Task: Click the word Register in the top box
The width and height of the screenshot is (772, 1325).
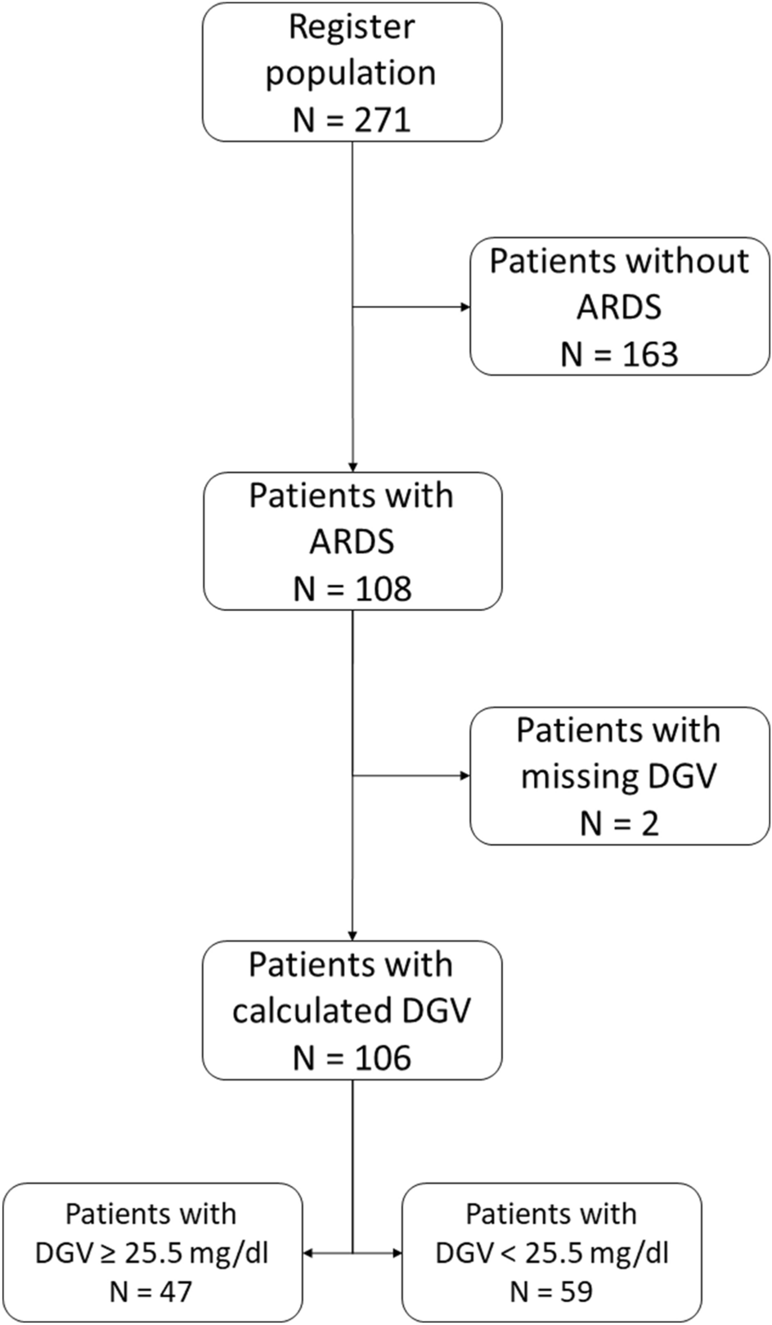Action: (x=352, y=27)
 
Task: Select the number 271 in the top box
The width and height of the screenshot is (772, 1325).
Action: (x=382, y=120)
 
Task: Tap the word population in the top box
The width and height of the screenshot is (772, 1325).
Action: (x=351, y=73)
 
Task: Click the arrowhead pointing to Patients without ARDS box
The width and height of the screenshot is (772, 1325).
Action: (x=466, y=308)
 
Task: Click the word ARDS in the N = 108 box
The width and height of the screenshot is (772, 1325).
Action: (x=352, y=542)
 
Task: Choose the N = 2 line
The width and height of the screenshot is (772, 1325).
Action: (x=619, y=823)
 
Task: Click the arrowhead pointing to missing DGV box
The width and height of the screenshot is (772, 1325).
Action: (x=466, y=775)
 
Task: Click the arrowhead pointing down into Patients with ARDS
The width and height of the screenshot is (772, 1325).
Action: (x=352, y=467)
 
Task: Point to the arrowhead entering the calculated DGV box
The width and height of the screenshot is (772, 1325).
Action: (x=352, y=936)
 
